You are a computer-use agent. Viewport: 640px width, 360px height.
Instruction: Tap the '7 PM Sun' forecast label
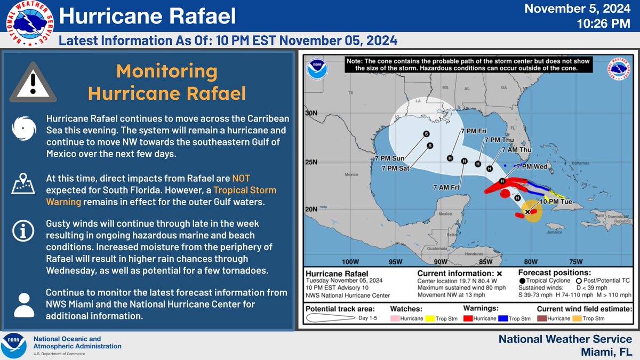[390, 159]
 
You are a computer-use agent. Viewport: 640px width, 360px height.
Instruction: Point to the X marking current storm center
[527, 212]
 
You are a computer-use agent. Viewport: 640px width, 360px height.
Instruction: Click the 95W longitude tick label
[395, 261]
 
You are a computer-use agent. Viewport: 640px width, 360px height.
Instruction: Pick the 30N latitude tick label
[311, 114]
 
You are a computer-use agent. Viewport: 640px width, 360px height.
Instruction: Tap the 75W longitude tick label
[575, 261]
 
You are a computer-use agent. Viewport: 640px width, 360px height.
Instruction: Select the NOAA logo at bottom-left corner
[14, 346]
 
